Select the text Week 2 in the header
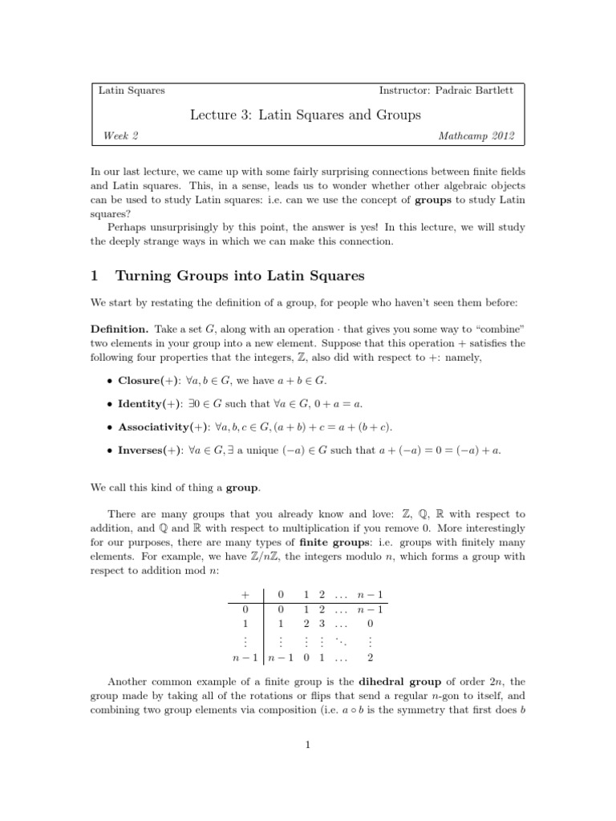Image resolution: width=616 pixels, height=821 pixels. (x=121, y=136)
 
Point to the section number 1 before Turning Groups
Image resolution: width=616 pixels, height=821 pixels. (x=94, y=276)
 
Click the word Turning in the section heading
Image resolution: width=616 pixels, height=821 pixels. (x=144, y=276)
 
